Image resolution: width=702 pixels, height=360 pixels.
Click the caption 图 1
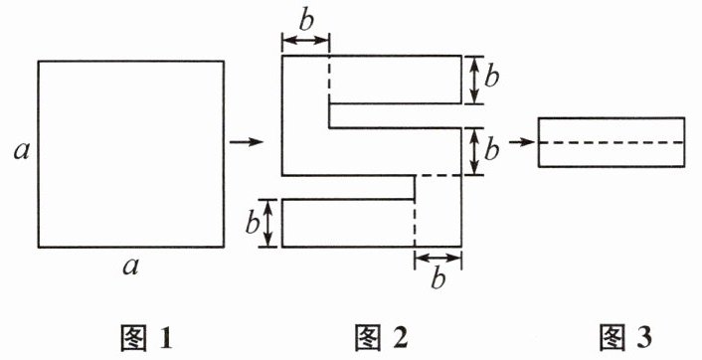tap(146, 337)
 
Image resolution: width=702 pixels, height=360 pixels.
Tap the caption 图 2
tap(381, 337)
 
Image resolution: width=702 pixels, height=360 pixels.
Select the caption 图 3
tap(625, 337)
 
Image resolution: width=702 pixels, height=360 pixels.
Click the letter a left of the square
tap(21, 152)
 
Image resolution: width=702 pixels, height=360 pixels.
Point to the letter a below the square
tap(130, 268)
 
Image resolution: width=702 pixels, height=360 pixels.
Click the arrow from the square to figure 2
tap(246, 142)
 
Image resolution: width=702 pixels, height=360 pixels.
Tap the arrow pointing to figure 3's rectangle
tap(522, 142)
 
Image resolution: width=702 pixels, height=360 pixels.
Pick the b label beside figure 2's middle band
tap(491, 150)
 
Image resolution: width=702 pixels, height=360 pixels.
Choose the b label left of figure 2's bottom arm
tap(252, 223)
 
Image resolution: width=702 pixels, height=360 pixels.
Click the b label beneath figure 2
tap(438, 278)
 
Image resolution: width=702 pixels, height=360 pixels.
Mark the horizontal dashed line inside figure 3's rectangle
tap(612, 142)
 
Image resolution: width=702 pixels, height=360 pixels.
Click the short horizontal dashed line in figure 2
tap(439, 175)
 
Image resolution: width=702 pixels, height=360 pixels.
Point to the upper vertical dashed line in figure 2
tap(329, 80)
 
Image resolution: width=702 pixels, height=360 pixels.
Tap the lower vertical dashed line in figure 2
tap(415, 223)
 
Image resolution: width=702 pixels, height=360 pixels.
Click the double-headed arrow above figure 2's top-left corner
tap(306, 41)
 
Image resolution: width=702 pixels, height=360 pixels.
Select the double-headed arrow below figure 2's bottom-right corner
tap(438, 258)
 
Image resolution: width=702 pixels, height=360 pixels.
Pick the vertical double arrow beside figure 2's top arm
tap(475, 80)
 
